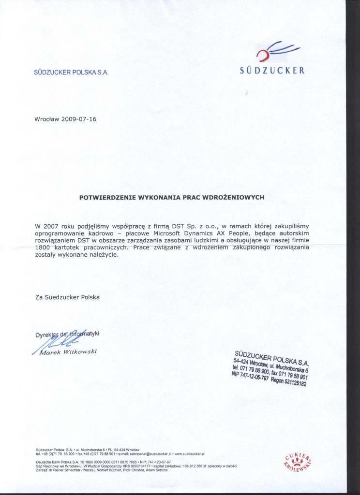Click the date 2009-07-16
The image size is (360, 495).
[x=79, y=119]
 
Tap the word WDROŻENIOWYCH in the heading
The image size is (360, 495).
[x=238, y=197]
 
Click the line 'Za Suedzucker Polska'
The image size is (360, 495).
[x=67, y=297]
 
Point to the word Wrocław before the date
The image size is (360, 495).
[x=47, y=119]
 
